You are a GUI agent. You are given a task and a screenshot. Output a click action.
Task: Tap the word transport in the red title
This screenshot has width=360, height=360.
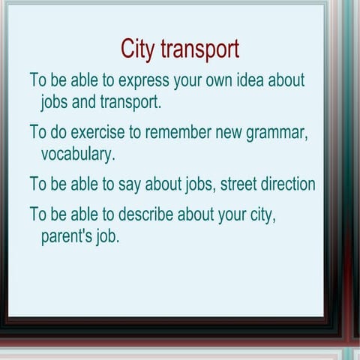199,50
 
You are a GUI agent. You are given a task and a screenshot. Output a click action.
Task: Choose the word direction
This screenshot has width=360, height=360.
288,184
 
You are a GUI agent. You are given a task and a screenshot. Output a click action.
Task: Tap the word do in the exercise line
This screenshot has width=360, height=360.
61,133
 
